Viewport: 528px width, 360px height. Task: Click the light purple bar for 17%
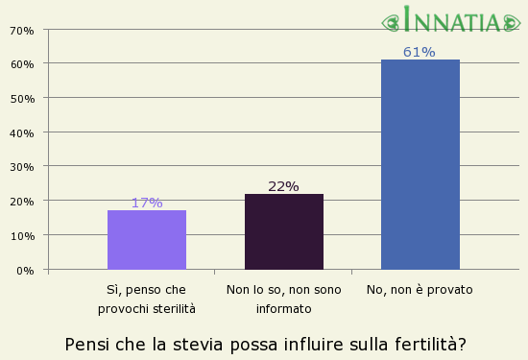pos(147,239)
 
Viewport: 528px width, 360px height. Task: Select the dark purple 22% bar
pos(283,231)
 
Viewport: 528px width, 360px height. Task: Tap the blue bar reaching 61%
pos(420,164)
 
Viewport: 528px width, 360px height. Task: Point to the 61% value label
pos(420,52)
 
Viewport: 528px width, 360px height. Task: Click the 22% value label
pos(283,186)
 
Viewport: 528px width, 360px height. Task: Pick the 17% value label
pos(147,203)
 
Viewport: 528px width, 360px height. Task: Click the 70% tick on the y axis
pos(21,30)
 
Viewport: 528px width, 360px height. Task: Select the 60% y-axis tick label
pos(21,64)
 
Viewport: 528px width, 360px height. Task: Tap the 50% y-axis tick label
pos(21,98)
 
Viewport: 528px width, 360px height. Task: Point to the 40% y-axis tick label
pos(21,132)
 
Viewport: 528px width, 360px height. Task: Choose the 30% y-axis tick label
pos(21,167)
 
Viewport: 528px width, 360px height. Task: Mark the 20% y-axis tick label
pos(21,201)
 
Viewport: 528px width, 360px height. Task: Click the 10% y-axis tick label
pos(21,235)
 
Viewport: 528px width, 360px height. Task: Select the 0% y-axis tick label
pos(25,270)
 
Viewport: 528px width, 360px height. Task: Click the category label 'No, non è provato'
pos(420,289)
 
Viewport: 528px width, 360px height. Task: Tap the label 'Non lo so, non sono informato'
pos(283,299)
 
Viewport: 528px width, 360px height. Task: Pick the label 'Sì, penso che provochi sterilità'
pos(147,299)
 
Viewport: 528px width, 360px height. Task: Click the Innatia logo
pos(454,19)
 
